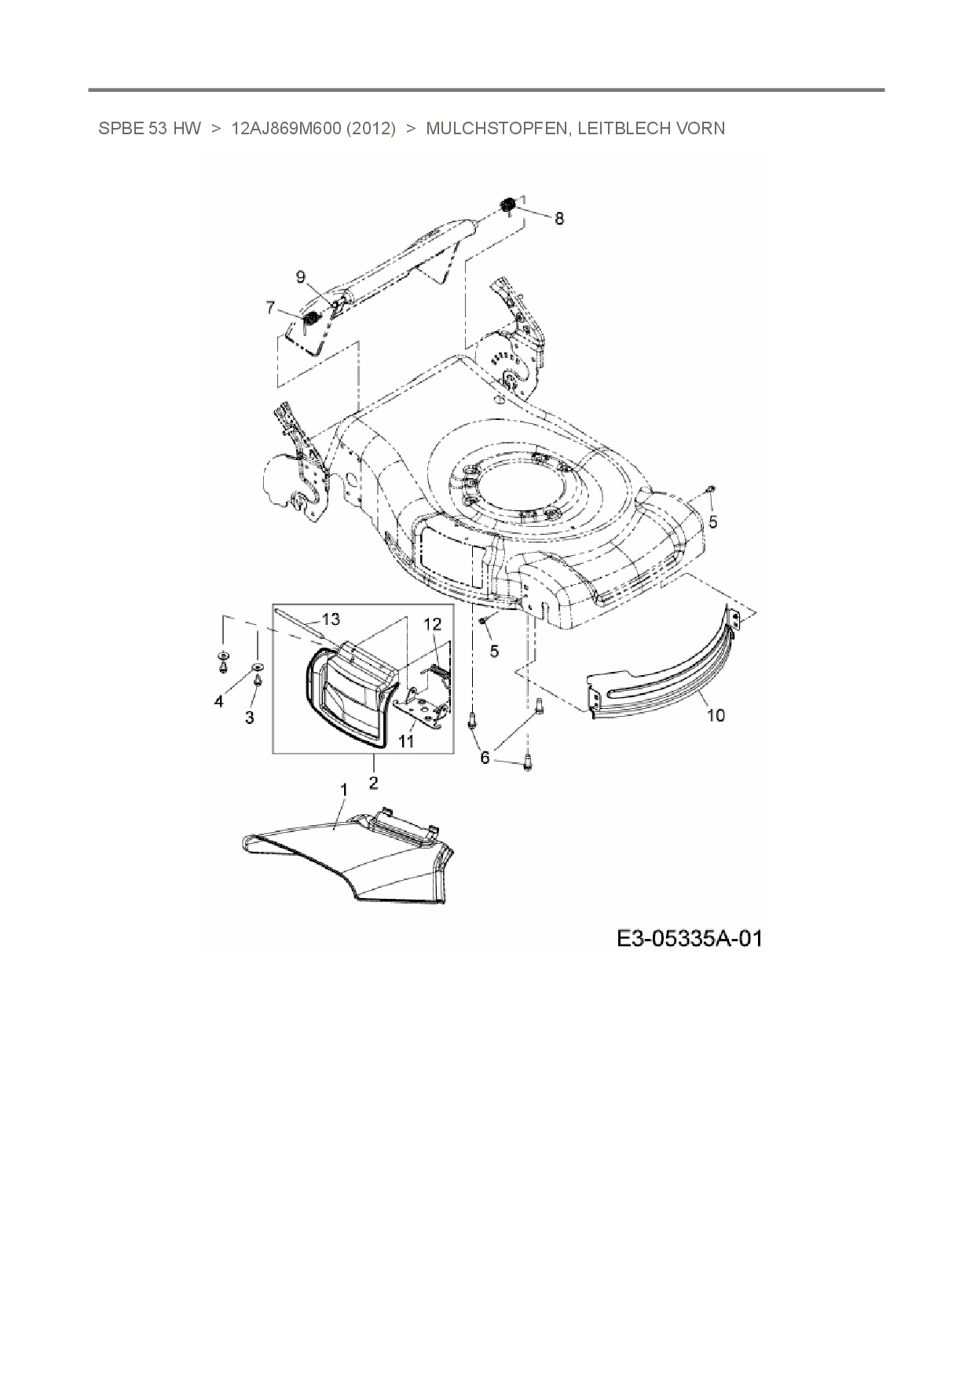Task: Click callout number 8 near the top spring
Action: (x=559, y=219)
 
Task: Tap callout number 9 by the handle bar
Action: (x=300, y=276)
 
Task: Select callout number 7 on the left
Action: (x=271, y=307)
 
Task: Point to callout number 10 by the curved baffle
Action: (x=716, y=715)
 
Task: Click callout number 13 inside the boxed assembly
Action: (x=331, y=619)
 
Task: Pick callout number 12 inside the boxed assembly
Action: (x=433, y=624)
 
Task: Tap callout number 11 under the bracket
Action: (x=406, y=740)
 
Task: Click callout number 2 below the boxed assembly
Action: (x=373, y=782)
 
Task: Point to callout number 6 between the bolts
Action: (x=485, y=758)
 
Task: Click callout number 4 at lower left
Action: (x=219, y=701)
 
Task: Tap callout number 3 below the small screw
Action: (x=250, y=718)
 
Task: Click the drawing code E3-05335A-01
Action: (x=689, y=938)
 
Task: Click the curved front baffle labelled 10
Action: (x=668, y=683)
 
